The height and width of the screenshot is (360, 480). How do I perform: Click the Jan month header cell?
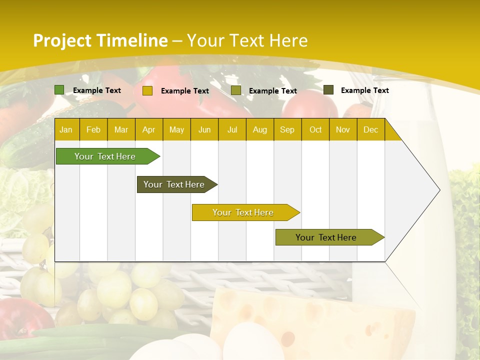[x=66, y=129]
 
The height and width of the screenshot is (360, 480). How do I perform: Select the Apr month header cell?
[x=149, y=129]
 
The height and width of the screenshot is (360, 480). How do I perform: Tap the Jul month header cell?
[x=232, y=129]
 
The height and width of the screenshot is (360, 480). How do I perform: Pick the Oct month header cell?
[x=315, y=129]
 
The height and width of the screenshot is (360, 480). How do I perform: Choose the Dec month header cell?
[x=371, y=129]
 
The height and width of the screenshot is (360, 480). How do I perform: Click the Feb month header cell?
[x=93, y=129]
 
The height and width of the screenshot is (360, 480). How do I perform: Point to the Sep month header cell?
[x=287, y=129]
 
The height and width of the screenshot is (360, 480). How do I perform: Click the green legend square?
[x=59, y=90]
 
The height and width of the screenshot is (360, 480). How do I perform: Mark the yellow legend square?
[x=147, y=90]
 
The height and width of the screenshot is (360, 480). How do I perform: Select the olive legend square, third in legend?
[x=236, y=90]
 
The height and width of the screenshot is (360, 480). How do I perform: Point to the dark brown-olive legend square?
[x=328, y=90]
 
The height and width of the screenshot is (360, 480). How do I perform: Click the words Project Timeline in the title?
[x=100, y=40]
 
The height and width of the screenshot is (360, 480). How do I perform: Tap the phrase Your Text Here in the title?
[x=247, y=40]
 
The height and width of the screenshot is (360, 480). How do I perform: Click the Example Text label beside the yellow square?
[x=185, y=91]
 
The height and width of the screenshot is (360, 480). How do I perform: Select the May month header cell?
[x=176, y=129]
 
